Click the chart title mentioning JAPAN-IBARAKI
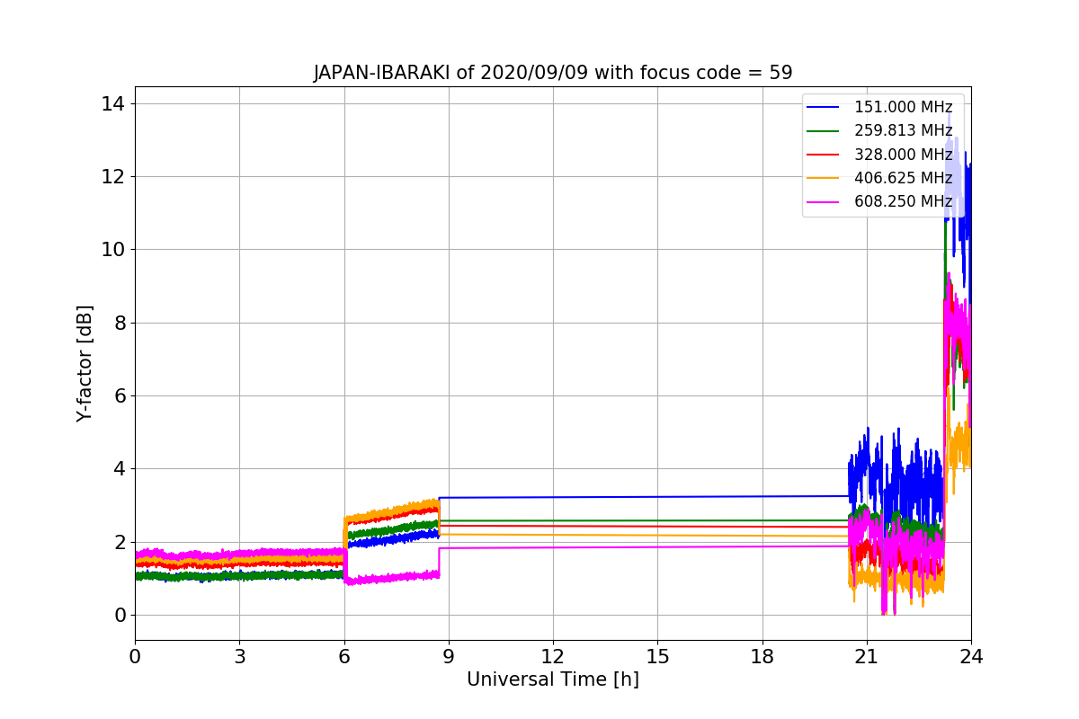(x=553, y=73)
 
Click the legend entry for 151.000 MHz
(x=879, y=107)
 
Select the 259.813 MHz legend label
(x=903, y=130)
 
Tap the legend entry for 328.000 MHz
(x=879, y=155)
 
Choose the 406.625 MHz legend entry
(x=879, y=178)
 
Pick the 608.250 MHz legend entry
(x=879, y=201)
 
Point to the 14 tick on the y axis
(x=112, y=104)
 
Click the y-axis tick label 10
(x=112, y=250)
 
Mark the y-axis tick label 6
(x=120, y=395)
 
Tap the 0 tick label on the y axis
(x=120, y=615)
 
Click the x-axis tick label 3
(x=240, y=657)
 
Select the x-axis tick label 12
(x=553, y=657)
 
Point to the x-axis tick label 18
(x=762, y=657)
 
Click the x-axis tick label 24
(x=971, y=657)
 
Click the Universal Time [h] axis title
(x=553, y=679)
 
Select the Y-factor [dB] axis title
(x=84, y=364)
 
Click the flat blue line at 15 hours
(x=658, y=496)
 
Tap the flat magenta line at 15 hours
(x=658, y=547)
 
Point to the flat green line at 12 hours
(x=553, y=520)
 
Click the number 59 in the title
(x=780, y=73)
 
